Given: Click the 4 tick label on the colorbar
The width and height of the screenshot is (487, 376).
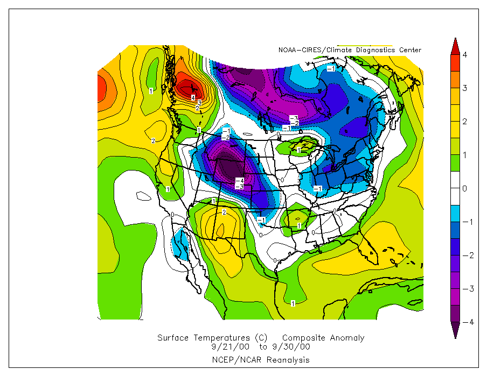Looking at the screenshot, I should coord(464,55).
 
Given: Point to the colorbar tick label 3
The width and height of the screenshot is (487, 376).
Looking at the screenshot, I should coord(464,88).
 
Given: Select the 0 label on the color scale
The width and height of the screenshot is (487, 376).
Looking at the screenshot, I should coord(464,188).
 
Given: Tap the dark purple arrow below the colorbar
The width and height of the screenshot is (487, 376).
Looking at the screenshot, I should coord(455,331).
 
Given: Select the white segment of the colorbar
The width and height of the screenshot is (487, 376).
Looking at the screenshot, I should coord(455,188).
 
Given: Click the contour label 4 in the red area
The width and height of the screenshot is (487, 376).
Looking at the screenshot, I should coord(193,97).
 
